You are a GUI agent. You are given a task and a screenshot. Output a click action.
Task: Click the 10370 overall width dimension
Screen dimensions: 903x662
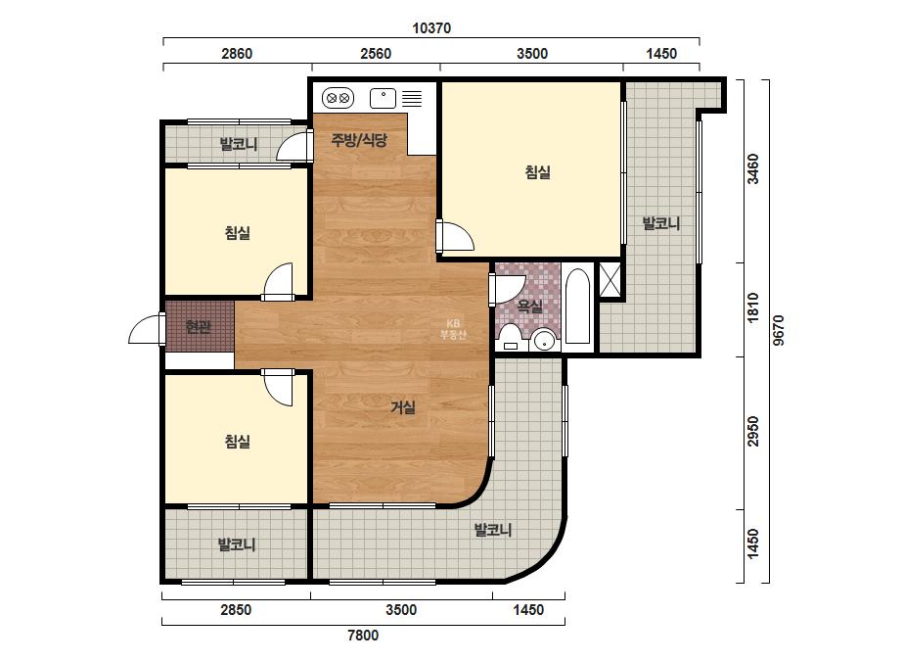[431, 28]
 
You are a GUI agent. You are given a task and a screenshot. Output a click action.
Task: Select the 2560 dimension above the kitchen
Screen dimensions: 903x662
[376, 54]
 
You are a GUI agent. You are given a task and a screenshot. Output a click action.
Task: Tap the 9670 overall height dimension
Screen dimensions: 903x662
[778, 330]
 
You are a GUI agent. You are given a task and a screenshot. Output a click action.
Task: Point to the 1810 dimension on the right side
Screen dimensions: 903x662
[752, 307]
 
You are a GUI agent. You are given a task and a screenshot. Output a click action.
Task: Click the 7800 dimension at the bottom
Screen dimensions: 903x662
[363, 636]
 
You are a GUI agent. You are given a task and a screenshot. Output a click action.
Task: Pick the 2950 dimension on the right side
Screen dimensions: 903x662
[752, 431]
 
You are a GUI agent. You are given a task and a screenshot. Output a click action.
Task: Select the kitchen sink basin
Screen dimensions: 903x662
[383, 98]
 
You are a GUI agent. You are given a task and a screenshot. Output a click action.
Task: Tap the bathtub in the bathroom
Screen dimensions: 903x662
[577, 307]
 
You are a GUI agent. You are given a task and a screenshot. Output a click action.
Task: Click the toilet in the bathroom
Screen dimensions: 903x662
[511, 337]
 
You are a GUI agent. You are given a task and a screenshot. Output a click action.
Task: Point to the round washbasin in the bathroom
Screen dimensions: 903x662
[544, 340]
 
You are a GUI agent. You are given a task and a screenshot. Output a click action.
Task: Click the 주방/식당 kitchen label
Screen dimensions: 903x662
[359, 140]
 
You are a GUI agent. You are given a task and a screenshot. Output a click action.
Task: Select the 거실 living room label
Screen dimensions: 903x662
[403, 407]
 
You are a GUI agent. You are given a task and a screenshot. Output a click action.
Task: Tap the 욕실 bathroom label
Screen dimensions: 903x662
[530, 307]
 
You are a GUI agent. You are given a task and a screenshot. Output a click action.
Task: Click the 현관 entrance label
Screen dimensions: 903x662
[199, 327]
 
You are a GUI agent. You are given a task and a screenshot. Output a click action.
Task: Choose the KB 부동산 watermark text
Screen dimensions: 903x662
[453, 329]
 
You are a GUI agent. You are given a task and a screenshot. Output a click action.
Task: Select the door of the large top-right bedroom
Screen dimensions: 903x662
[455, 235]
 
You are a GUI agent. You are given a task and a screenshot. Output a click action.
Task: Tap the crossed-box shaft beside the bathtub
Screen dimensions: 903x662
[610, 280]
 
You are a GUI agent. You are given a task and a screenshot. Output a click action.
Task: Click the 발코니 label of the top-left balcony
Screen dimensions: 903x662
[239, 144]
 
